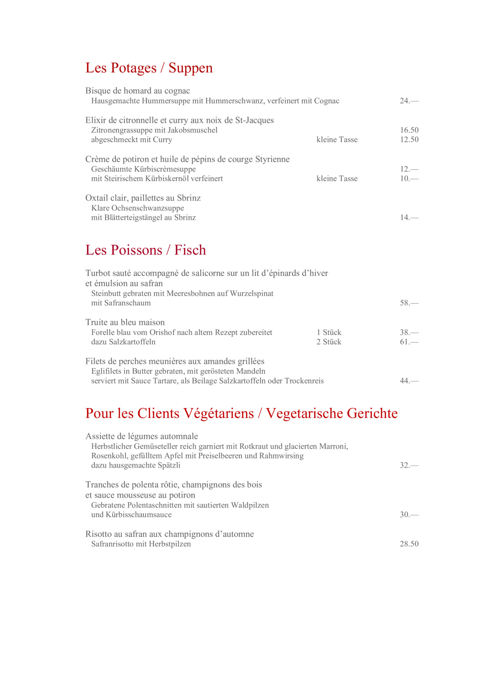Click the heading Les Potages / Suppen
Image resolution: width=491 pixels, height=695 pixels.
point(149,68)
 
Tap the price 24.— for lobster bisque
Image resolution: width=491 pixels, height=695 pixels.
point(409,101)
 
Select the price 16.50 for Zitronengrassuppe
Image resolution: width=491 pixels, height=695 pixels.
point(409,130)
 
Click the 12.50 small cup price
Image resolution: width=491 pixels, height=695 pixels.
point(409,140)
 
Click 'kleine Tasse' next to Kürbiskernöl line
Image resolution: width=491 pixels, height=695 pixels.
point(337,179)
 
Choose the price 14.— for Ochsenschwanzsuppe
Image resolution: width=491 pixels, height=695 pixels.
point(409,217)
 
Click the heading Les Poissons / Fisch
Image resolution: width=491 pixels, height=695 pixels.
point(145,250)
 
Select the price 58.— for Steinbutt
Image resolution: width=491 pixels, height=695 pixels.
point(409,303)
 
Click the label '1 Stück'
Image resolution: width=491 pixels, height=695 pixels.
point(329,332)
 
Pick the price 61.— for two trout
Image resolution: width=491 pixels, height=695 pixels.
point(409,342)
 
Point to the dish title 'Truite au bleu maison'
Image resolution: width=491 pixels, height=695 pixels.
point(125,322)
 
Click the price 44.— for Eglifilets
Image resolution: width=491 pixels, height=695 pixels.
point(409,381)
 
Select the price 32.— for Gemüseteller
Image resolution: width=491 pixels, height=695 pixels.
point(409,465)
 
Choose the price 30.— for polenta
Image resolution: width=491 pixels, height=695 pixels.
point(409,515)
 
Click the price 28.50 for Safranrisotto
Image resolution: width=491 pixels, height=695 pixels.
point(409,544)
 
